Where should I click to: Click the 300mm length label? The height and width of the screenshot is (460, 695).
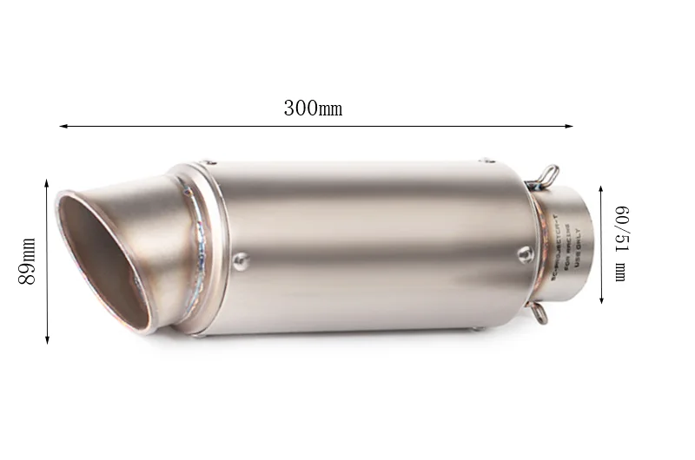click(313, 109)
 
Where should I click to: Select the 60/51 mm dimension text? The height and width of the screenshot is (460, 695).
click(620, 241)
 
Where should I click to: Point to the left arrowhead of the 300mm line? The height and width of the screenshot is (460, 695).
click(63, 127)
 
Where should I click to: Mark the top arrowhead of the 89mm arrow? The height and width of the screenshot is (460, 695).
click(47, 183)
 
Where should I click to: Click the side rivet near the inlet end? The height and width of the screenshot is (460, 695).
click(524, 253)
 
